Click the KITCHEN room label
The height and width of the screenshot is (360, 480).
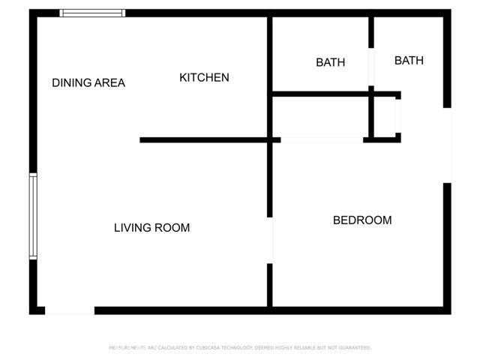(204, 77)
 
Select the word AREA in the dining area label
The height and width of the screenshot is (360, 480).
(110, 83)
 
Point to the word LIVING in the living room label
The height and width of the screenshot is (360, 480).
(133, 228)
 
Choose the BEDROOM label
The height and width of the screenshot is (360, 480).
(362, 220)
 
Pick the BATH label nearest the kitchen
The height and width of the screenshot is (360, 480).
(330, 63)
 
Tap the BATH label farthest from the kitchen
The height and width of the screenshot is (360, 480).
(409, 61)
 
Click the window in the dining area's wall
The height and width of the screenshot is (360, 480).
(92, 13)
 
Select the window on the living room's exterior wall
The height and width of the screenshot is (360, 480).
(33, 216)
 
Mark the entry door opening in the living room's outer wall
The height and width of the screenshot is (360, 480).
(70, 310)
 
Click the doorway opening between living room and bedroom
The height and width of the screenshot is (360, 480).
(270, 240)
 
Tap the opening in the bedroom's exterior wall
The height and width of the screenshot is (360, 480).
(447, 145)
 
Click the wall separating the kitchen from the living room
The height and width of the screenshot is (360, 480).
(204, 139)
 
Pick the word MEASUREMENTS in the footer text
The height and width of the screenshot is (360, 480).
(127, 348)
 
